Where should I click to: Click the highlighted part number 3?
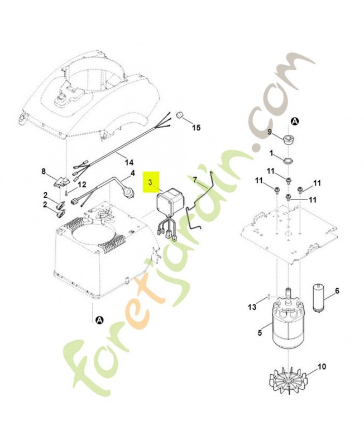(150, 182)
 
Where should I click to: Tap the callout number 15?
(196, 128)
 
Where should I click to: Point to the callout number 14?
(129, 162)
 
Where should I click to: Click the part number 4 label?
(132, 173)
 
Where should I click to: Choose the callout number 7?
(195, 180)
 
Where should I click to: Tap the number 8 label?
(44, 171)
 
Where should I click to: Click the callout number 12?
(82, 185)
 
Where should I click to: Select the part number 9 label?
(270, 132)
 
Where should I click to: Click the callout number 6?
(337, 291)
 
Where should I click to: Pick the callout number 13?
(252, 307)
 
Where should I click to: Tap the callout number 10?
(322, 367)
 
